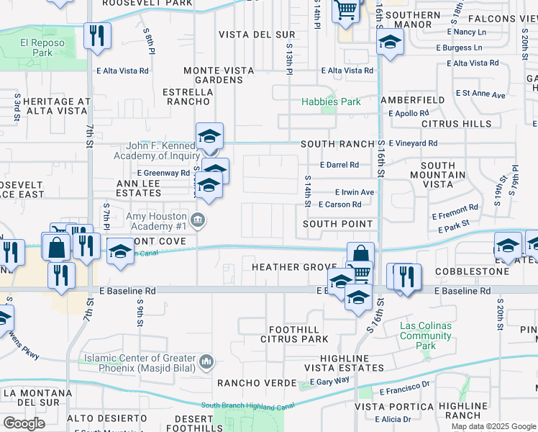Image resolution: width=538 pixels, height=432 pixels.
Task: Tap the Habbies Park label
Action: (x=331, y=102)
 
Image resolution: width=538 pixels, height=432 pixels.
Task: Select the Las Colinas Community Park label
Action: (x=426, y=336)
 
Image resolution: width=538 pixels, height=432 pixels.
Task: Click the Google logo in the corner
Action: (x=24, y=423)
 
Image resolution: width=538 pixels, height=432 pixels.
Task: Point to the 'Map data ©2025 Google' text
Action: (x=493, y=426)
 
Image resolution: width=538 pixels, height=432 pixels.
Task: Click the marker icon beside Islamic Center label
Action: (x=207, y=360)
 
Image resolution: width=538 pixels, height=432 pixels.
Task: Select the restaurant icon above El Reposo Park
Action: (x=97, y=35)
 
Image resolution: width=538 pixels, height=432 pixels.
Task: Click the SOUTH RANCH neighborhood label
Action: (x=338, y=144)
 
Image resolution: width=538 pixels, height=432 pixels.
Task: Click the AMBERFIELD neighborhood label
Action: (x=412, y=99)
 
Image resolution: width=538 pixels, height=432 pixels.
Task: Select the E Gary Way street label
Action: (x=332, y=379)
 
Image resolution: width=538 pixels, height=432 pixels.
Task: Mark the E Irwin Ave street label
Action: (x=355, y=192)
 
